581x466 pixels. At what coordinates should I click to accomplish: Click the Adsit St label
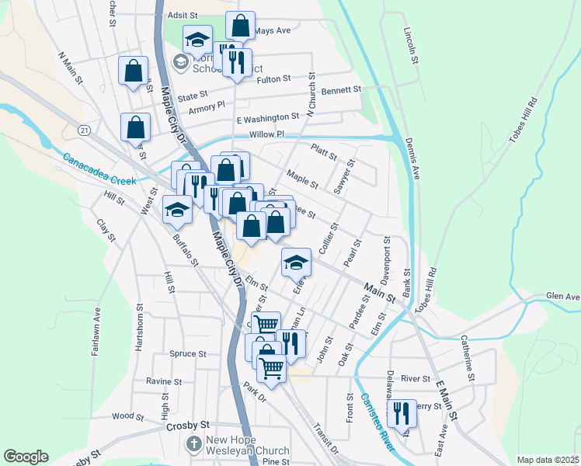[183, 15]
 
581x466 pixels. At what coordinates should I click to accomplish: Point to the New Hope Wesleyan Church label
[247, 445]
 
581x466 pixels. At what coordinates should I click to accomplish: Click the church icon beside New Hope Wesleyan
[193, 444]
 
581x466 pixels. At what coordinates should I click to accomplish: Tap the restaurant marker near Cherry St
[402, 412]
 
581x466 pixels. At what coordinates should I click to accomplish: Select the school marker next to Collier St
[296, 261]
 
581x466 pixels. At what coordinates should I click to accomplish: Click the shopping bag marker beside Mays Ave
[241, 25]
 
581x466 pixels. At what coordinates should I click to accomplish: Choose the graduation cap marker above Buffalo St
[177, 208]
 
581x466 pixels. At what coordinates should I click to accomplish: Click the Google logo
[26, 457]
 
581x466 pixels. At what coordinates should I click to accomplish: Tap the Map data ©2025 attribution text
[548, 460]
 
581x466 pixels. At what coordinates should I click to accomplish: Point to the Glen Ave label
[563, 296]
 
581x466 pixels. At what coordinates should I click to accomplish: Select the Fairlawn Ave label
[97, 331]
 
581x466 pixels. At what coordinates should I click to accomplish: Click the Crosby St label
[187, 426]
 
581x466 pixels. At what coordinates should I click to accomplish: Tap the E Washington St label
[268, 117]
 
